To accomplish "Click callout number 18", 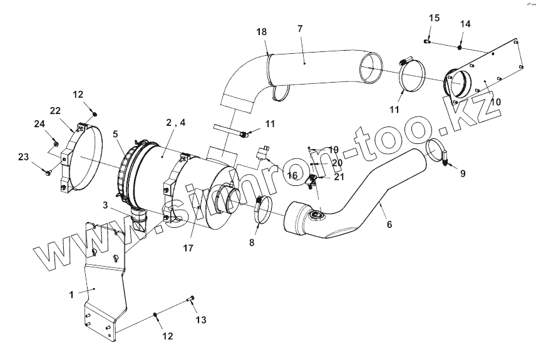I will coord(261,31).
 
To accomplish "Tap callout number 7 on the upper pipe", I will coord(299,29).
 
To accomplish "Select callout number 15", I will coord(435,18).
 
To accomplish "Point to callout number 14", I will coord(465,24).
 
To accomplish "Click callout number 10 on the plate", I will coord(495,101).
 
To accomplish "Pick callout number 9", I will coord(463,173).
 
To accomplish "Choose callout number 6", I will coord(389,224).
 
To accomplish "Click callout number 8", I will coord(252,242).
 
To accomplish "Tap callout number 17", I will coord(188,247).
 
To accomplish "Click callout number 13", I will coord(200,321).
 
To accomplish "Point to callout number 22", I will coord(55,111).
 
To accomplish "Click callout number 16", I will coord(292,175).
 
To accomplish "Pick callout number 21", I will coord(339,177).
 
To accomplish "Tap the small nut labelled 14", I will coord(460,46).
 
